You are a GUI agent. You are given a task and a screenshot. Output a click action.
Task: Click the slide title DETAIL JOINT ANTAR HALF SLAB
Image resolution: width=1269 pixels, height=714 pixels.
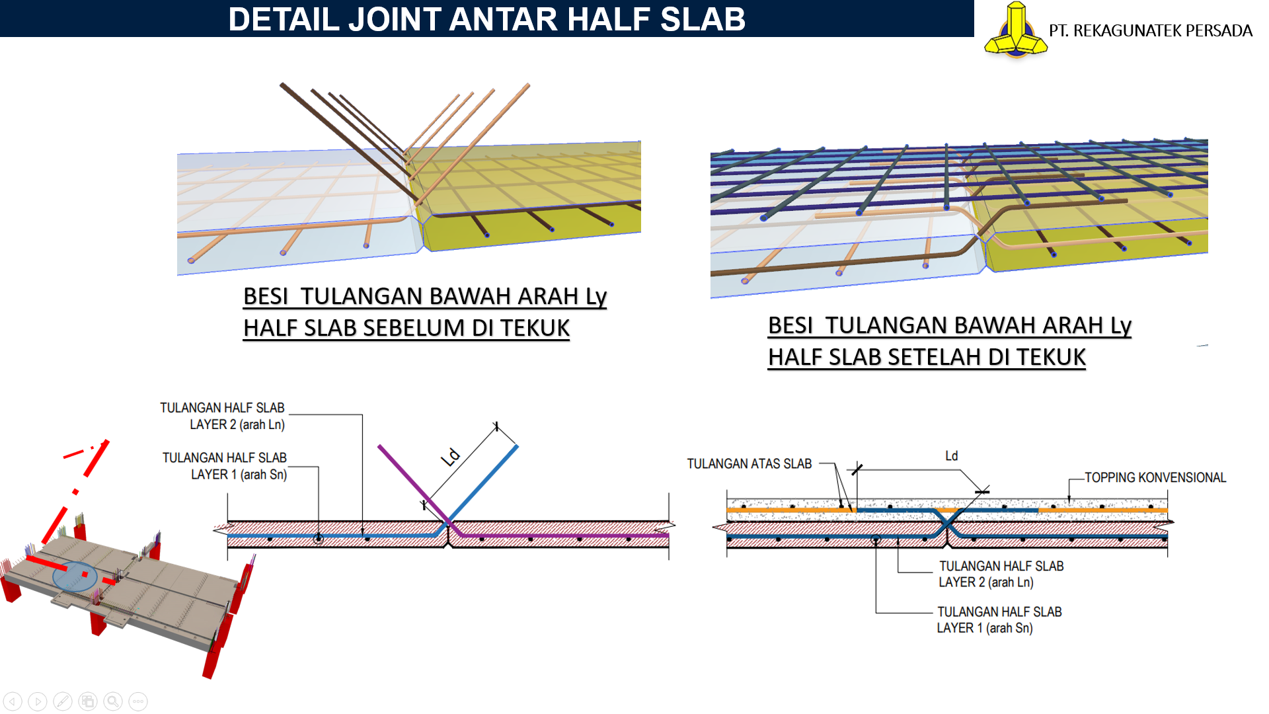coord(486,19)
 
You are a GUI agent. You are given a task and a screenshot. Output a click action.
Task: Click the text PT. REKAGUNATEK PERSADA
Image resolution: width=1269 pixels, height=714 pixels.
coord(1150,31)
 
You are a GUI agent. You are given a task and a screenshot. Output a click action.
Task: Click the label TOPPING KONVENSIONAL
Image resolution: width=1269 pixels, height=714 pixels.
coord(1155,477)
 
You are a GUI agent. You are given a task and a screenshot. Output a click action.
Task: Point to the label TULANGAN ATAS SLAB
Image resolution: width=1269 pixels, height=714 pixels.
coord(749,464)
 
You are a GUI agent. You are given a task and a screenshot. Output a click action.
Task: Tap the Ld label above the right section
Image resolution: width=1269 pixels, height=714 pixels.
coord(951,456)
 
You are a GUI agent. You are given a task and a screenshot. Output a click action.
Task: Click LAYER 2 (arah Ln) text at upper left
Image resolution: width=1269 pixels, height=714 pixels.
coord(237,424)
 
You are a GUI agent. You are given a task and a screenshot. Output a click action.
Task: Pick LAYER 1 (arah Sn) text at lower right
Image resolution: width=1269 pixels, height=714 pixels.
coord(984,628)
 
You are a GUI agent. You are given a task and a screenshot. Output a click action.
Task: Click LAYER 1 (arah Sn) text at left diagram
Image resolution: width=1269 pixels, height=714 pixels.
coord(239,475)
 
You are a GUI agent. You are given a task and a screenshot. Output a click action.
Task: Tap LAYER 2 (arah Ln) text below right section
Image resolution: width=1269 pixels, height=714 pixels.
coord(986,582)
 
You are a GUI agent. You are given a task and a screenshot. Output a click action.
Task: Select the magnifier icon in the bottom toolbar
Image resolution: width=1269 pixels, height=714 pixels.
coord(113,701)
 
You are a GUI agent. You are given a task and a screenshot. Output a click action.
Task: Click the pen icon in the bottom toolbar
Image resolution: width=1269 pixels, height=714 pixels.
coord(63,701)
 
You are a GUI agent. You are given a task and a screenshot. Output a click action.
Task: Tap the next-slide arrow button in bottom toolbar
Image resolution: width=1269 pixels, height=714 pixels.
coord(38,701)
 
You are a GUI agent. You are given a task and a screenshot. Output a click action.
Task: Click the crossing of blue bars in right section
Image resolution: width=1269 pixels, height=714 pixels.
coord(948,523)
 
